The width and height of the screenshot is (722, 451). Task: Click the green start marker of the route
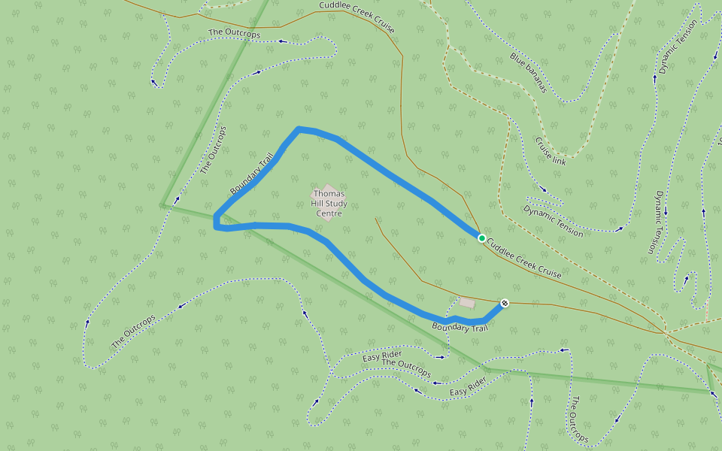click(x=481, y=238)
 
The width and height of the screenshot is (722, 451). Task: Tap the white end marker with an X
click(x=505, y=303)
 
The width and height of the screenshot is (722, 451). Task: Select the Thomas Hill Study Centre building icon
click(x=325, y=194)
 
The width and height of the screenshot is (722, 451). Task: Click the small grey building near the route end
click(x=467, y=302)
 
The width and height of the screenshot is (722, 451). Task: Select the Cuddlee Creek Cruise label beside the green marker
click(x=524, y=259)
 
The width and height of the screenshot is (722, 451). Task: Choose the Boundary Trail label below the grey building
click(x=460, y=327)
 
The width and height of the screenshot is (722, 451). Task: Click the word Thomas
click(x=329, y=194)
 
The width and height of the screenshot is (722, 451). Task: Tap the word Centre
click(x=329, y=213)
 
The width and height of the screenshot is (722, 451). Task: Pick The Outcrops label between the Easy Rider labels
click(x=406, y=368)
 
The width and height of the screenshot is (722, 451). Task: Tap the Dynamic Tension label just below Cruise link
click(x=554, y=221)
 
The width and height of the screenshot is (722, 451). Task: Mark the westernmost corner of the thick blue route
click(x=215, y=221)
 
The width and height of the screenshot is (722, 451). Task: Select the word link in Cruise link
click(x=559, y=159)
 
